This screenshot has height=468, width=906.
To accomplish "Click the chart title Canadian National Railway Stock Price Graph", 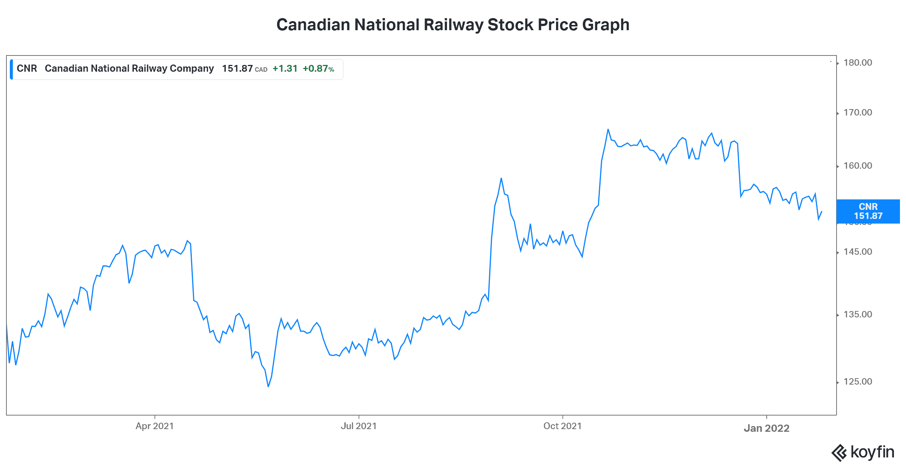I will (x=453, y=25).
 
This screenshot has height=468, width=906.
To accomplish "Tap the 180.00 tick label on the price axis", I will (x=858, y=63).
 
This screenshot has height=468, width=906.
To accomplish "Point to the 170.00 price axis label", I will (x=858, y=112).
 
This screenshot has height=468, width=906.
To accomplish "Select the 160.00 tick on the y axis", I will (x=858, y=166).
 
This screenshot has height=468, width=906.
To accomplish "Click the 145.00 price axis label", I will (x=858, y=252).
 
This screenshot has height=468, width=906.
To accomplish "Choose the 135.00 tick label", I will (x=858, y=314).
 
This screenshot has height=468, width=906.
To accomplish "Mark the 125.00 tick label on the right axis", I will (x=858, y=382).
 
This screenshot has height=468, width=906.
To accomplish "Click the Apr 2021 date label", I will (x=154, y=426).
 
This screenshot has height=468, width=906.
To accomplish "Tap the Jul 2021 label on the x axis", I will (x=359, y=426).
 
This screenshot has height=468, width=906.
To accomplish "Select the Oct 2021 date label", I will (x=562, y=426).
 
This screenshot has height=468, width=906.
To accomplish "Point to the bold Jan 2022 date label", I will (x=766, y=428).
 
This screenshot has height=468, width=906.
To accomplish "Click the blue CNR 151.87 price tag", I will (x=868, y=211).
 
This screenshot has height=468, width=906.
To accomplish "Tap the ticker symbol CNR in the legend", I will (x=27, y=69).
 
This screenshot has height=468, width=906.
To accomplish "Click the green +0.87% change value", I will (x=318, y=69).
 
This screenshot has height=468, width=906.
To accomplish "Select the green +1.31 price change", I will (x=285, y=69).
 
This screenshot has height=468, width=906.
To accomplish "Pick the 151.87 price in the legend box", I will (x=237, y=69).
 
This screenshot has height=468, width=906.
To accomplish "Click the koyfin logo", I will (x=863, y=452).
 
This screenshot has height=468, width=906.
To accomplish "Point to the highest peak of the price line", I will (x=608, y=129).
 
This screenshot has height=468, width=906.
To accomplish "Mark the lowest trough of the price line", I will (x=268, y=386).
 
